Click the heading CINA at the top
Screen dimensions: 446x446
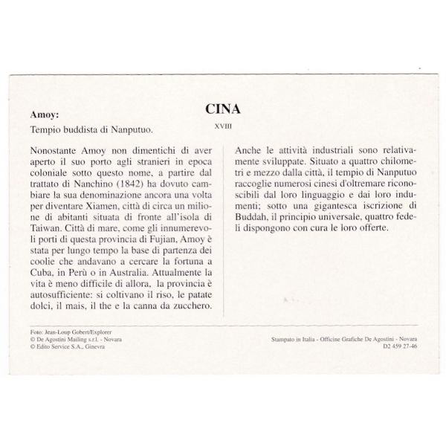click(222, 109)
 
